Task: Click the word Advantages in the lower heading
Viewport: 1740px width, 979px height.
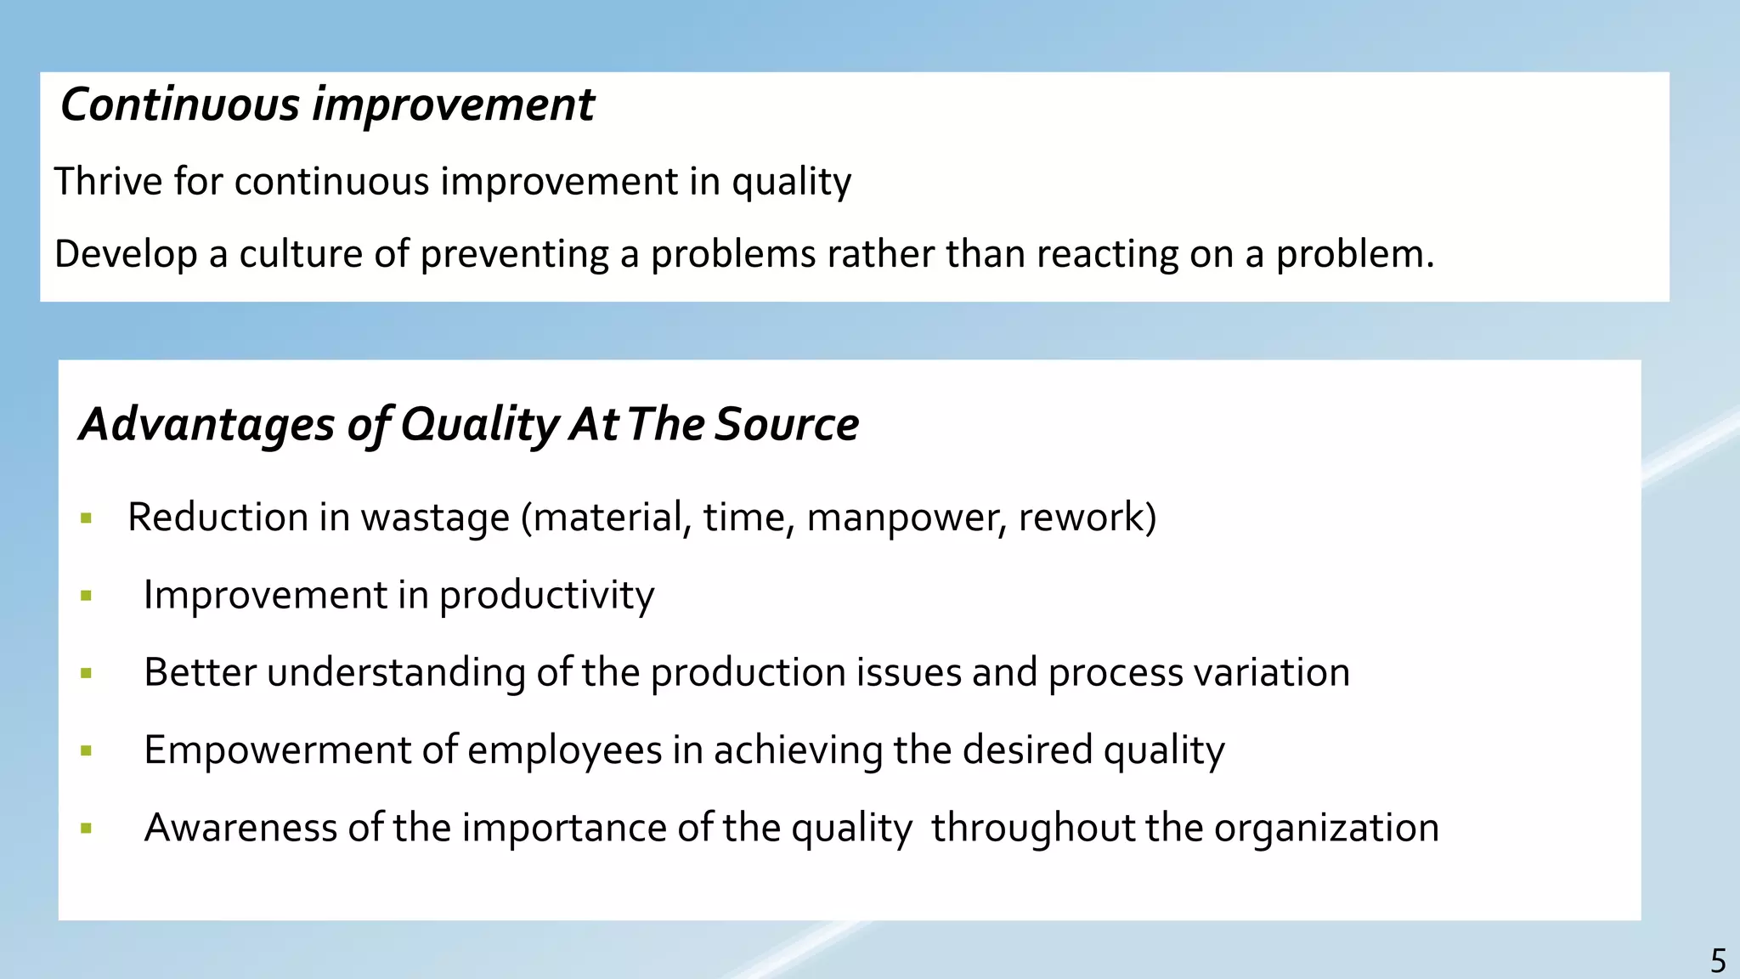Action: tap(207, 424)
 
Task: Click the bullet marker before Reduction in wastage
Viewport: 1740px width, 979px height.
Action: tap(86, 518)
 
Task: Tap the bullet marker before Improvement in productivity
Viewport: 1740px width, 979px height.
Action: tap(86, 596)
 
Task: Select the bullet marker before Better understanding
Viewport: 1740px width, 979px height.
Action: tap(86, 674)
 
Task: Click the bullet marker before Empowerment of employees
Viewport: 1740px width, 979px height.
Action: tap(86, 751)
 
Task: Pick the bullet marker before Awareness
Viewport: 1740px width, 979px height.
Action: tap(86, 829)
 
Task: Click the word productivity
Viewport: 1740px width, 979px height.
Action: tap(546, 596)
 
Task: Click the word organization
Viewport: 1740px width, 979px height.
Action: tap(1326, 829)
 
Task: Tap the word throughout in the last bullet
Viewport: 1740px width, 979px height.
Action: tap(1032, 829)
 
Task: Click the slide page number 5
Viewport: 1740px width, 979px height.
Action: tap(1718, 961)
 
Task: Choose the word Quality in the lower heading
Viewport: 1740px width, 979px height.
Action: tap(478, 424)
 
